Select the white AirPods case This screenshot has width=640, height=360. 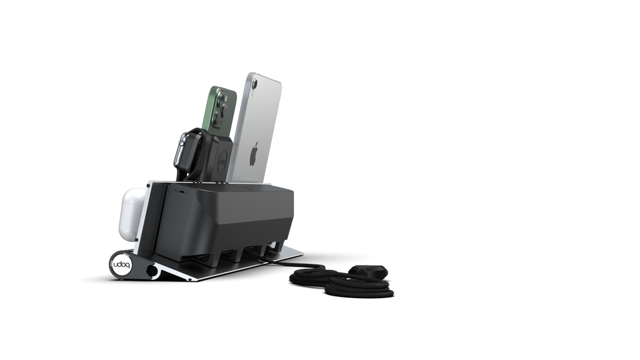(x=133, y=213)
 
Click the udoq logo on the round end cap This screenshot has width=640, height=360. (x=121, y=265)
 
